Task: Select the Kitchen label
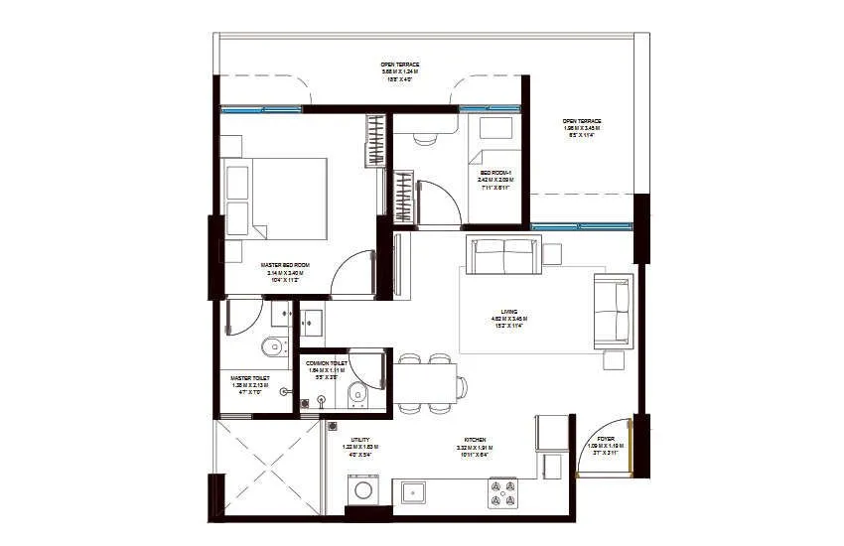[475, 441]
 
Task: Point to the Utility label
[360, 442]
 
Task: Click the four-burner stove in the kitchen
[504, 492]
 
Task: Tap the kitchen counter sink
[413, 491]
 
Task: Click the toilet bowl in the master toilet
[271, 348]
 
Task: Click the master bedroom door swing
[351, 273]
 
